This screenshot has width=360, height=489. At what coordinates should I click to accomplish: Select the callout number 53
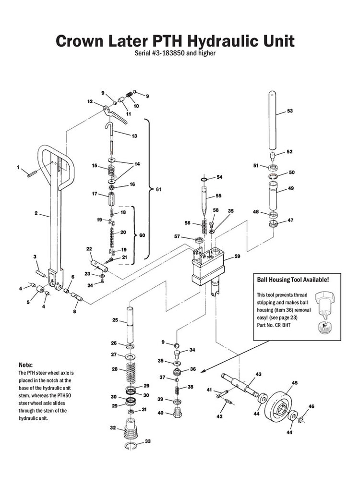click(x=289, y=111)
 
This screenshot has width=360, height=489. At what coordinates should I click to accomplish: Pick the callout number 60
click(x=141, y=236)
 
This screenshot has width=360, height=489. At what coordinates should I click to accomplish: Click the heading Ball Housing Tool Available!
click(x=293, y=279)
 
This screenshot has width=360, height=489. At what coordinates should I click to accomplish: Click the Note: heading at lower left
click(x=25, y=365)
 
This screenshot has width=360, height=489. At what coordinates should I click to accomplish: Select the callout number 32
click(x=112, y=427)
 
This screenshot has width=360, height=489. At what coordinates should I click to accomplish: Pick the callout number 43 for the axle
click(x=258, y=374)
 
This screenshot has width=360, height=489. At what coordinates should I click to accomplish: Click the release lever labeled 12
click(x=114, y=112)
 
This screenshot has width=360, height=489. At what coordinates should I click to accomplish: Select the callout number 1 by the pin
click(x=19, y=168)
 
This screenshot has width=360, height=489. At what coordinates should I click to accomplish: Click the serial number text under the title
click(x=175, y=53)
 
